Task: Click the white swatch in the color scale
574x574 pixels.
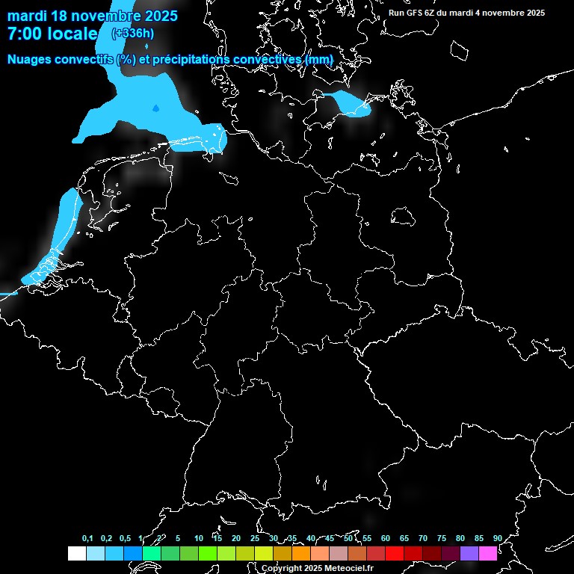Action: (76, 553)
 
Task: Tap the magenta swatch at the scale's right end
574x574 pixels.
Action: (487, 553)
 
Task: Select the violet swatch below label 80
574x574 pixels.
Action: (469, 553)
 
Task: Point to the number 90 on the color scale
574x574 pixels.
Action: (497, 538)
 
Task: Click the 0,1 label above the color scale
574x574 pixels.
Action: (87, 538)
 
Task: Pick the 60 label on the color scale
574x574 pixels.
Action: (385, 538)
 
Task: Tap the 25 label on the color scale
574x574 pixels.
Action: (254, 538)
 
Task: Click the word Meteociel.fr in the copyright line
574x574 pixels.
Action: (345, 569)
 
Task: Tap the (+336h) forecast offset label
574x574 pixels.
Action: (133, 33)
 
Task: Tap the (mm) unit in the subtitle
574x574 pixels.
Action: (318, 59)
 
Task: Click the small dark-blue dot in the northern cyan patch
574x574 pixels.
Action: (155, 108)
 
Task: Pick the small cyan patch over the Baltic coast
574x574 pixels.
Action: (350, 104)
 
